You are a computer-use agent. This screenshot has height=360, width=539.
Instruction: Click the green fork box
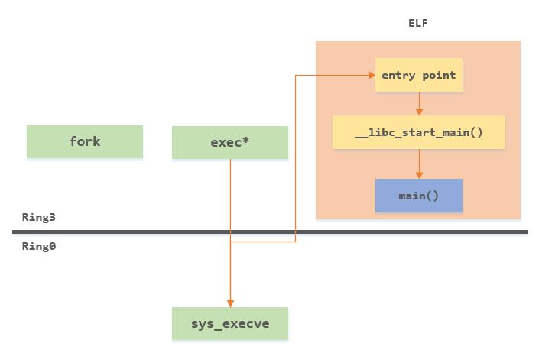point(85,142)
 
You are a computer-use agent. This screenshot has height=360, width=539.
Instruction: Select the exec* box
point(230,143)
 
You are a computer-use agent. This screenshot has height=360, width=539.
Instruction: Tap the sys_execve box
point(230,324)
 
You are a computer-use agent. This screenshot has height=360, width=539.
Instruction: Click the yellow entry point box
point(418,75)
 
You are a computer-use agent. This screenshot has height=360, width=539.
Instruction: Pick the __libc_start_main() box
point(418,132)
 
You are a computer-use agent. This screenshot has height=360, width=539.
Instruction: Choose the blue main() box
point(418,196)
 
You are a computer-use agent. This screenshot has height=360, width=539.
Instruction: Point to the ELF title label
point(418,23)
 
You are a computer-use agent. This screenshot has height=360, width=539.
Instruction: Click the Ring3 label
point(39,217)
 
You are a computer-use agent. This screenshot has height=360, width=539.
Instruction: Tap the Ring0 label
point(39,246)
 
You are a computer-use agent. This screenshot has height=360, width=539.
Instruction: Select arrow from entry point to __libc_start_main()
point(418,103)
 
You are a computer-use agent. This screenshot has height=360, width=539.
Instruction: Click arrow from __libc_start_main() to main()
point(418,164)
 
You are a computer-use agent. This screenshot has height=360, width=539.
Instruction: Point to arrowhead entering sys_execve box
point(230,303)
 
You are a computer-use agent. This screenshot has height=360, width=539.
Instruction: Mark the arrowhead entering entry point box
point(371,75)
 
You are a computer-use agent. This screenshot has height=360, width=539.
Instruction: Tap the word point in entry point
point(440,75)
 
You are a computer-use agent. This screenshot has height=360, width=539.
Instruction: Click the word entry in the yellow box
point(398,75)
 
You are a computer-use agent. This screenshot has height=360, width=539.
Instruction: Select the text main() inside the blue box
point(418,196)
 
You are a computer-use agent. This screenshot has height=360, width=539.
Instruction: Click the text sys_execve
point(230,324)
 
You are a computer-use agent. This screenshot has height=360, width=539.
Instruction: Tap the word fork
point(85,142)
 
